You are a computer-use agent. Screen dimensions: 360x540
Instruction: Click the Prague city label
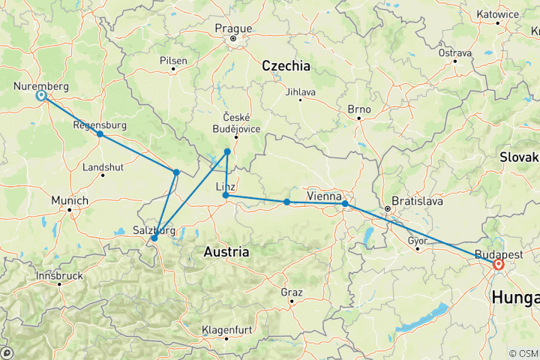point(232,28)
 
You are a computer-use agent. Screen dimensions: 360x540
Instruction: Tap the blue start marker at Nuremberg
point(41,96)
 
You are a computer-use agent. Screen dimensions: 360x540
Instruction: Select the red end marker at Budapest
point(498,264)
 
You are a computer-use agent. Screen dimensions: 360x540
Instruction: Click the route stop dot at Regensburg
point(100,134)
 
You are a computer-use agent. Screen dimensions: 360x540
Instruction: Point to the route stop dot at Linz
point(226,196)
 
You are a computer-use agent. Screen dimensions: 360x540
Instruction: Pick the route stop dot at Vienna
point(345,204)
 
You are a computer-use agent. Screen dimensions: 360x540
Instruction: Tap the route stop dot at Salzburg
point(154,238)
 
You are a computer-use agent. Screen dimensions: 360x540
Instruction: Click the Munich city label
point(69,201)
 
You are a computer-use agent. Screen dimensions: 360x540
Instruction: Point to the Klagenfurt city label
point(226,330)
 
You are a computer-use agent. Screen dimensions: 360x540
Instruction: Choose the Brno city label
point(359,109)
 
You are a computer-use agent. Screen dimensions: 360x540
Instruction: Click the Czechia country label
point(286,66)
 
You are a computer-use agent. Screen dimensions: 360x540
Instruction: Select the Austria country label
point(226,252)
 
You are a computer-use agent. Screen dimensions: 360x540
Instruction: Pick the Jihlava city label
point(301,92)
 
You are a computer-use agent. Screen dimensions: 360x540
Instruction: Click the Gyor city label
point(418,240)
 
